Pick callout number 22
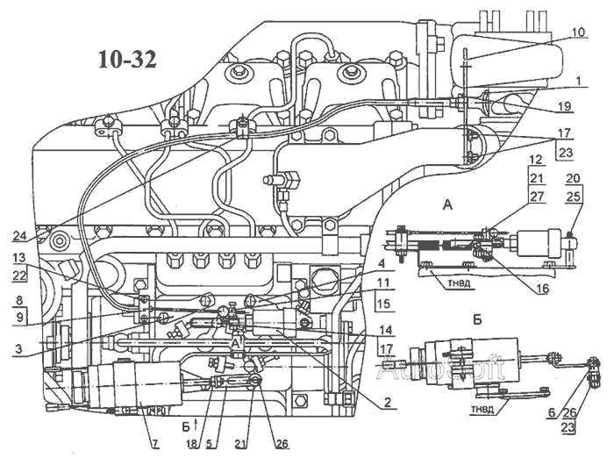[19, 276]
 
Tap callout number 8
[19, 299]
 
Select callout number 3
[19, 349]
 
